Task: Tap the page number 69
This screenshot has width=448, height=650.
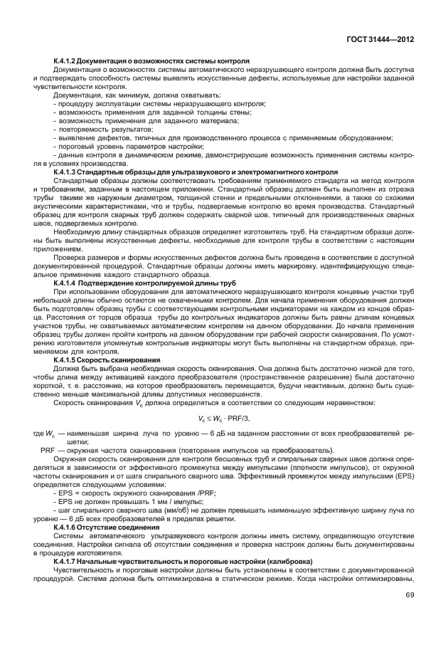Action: (410, 614)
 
